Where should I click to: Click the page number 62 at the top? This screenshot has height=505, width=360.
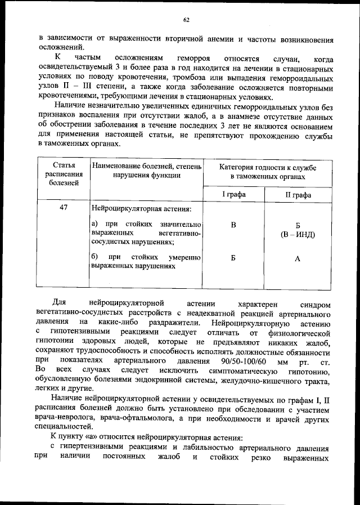pos(186,20)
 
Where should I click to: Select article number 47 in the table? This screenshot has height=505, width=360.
pos(64,208)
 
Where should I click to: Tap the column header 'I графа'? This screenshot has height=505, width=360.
pos(233,194)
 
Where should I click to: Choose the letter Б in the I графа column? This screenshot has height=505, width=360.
pos(233,258)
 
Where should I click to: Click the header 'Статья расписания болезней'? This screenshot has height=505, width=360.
pos(64,174)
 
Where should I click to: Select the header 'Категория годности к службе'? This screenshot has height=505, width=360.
pos(268,168)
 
